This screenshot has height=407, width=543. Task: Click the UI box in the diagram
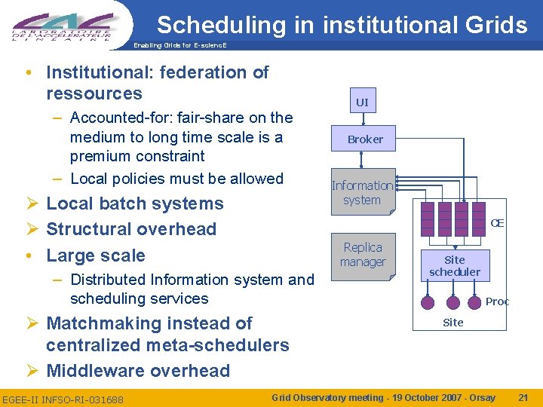(x=362, y=102)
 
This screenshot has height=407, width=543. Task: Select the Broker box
(x=365, y=139)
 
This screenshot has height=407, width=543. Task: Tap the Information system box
(x=362, y=192)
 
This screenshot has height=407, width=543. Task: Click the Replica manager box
(x=363, y=255)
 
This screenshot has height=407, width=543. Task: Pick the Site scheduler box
(x=455, y=265)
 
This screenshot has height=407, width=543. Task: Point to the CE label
(x=497, y=223)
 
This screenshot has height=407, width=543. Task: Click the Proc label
(x=497, y=301)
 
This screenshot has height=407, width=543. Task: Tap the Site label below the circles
(x=453, y=322)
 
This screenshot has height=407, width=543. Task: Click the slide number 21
(x=523, y=397)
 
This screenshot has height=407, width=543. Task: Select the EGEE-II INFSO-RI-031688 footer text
(x=63, y=398)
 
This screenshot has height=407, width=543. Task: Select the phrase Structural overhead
(x=131, y=229)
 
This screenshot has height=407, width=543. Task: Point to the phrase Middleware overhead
(x=138, y=371)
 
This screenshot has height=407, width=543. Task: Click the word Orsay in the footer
(x=479, y=397)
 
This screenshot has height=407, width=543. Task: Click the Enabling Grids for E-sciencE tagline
(x=179, y=46)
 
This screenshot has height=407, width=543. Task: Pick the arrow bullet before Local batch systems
(x=31, y=204)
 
